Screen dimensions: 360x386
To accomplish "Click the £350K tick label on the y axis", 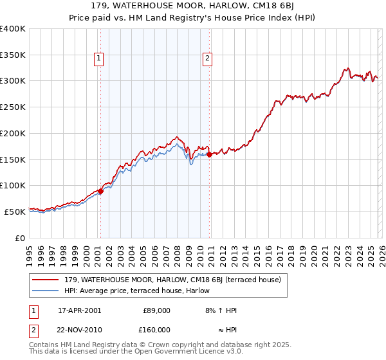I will tap(13, 55).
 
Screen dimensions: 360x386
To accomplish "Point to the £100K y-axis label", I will tap(13, 185).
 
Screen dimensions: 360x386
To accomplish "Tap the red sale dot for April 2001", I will tap(101, 191).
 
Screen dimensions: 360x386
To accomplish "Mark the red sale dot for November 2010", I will tap(210, 154).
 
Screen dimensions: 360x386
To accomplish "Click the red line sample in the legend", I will tap(46, 280).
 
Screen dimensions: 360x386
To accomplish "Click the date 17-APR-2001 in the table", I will tap(79, 310).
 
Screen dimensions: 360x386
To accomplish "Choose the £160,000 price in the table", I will tap(156, 329).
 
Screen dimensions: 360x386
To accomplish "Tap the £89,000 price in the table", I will tap(156, 310).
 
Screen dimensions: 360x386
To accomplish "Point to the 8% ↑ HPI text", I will tap(221, 310).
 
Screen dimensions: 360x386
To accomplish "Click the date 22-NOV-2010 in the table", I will tap(79, 329).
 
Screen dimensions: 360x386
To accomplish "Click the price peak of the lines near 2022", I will tap(347, 67).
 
